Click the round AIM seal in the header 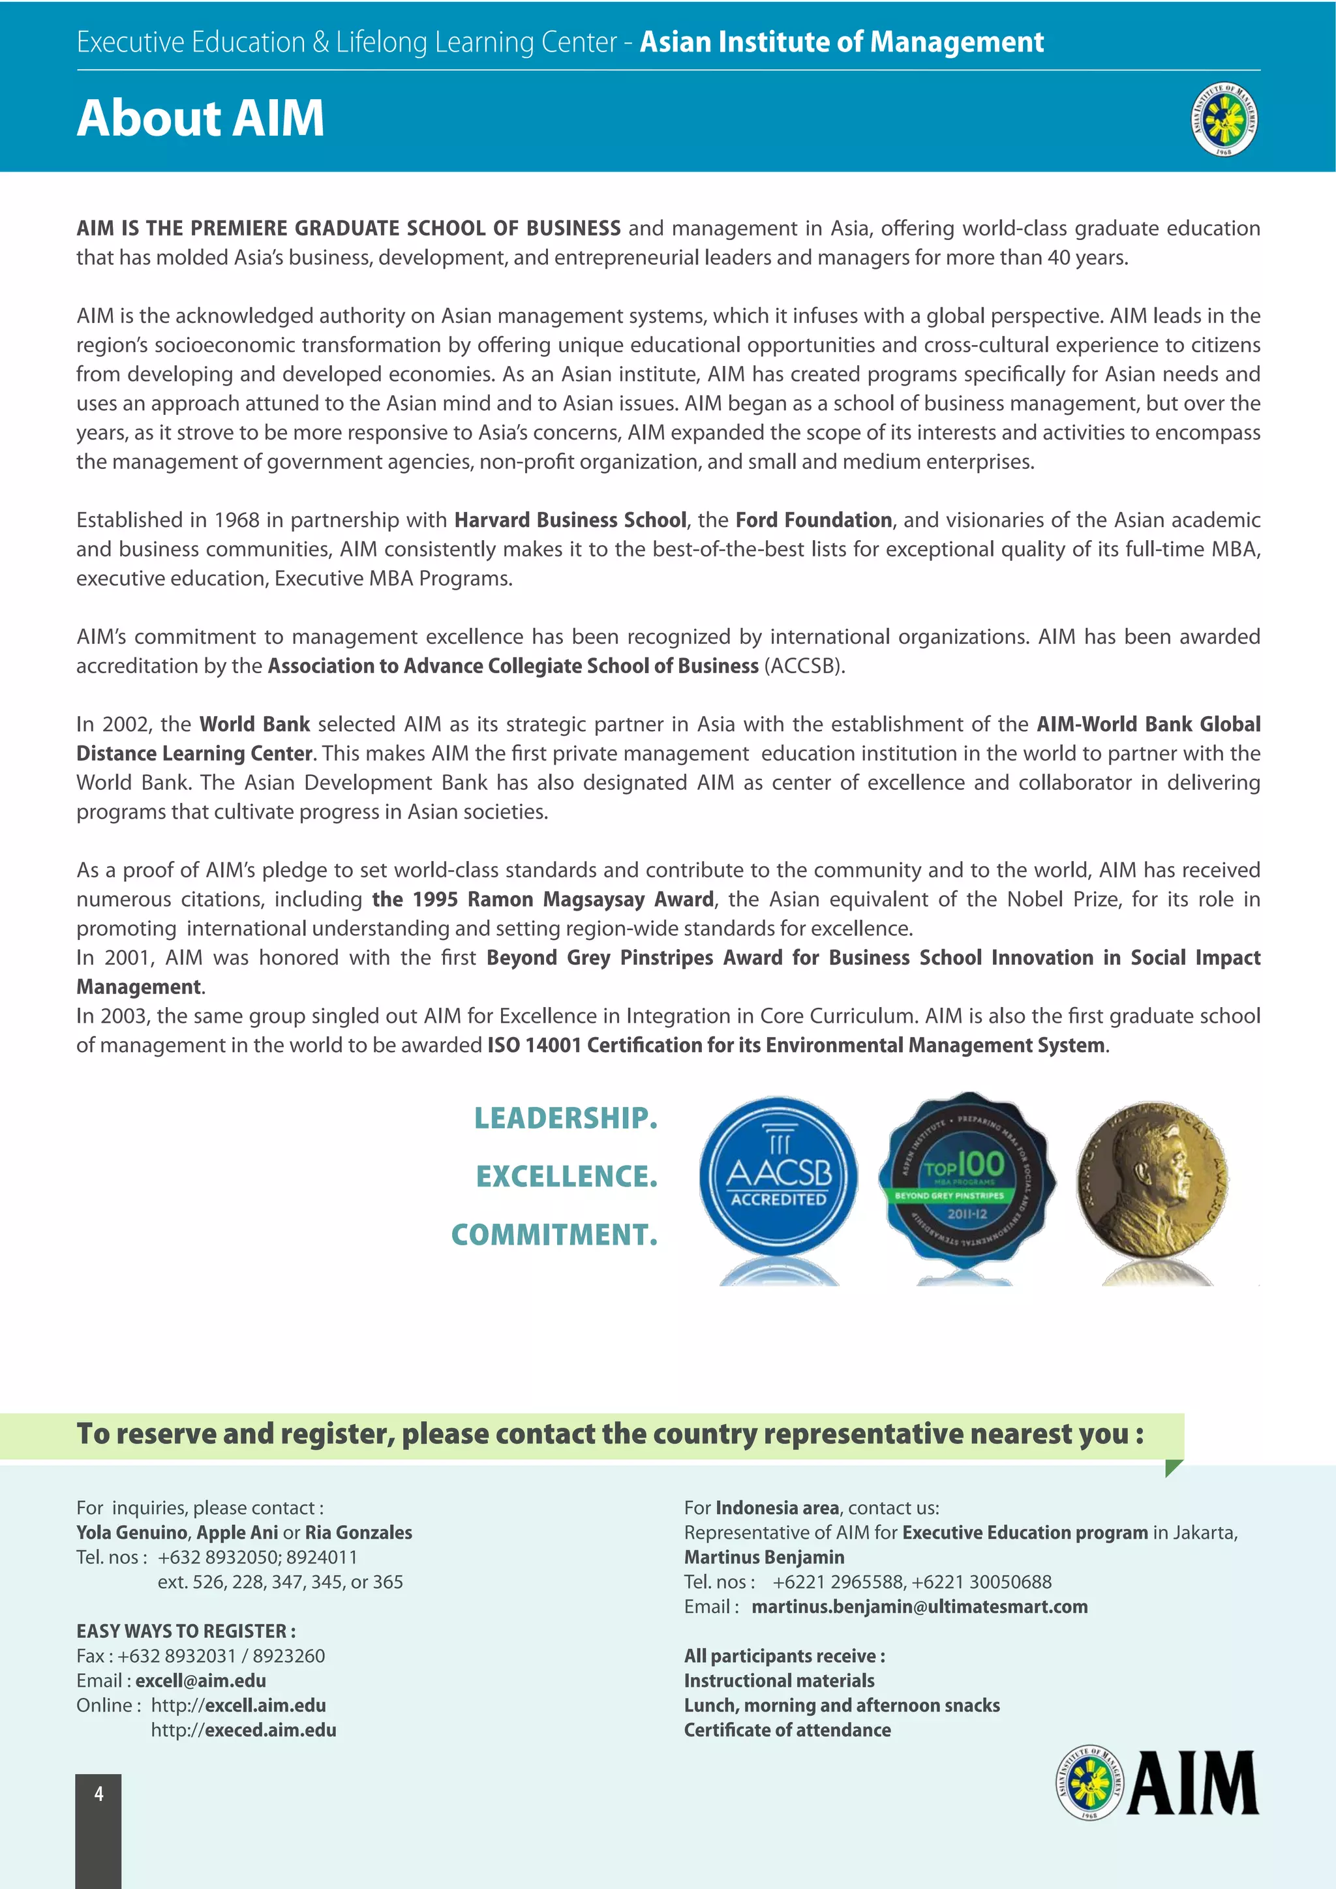pos(1224,120)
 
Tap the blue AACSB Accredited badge pos(778,1177)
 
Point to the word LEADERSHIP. pos(566,1118)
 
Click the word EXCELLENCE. pos(567,1177)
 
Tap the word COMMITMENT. pos(554,1235)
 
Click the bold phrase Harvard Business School pos(570,520)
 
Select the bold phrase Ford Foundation pos(813,520)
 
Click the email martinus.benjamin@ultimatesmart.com pos(919,1607)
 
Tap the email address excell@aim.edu pos(201,1681)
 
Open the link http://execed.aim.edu pos(243,1730)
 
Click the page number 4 pos(99,1794)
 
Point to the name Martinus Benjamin pos(765,1558)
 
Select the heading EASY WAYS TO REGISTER pos(186,1631)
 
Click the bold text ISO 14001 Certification pos(623,1045)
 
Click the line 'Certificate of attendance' pos(787,1730)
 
